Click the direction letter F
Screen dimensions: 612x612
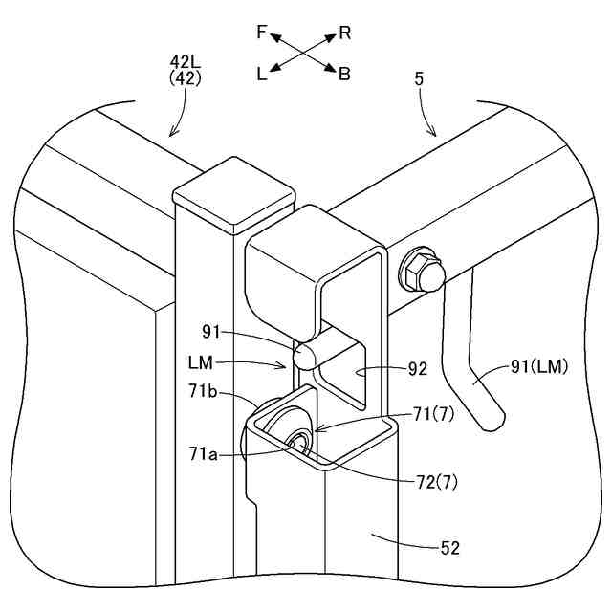[x=262, y=33]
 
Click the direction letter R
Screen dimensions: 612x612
[x=345, y=33]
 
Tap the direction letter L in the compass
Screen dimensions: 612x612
[x=262, y=74]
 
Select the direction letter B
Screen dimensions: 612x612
[x=345, y=74]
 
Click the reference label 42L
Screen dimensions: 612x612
[x=185, y=64]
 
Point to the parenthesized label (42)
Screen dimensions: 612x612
[x=185, y=80]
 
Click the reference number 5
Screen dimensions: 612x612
[x=419, y=80]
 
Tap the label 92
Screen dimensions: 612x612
[x=417, y=366]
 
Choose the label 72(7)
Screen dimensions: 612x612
[x=438, y=483]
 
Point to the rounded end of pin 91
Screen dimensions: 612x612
[x=305, y=358]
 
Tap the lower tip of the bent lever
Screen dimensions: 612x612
[x=492, y=420]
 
